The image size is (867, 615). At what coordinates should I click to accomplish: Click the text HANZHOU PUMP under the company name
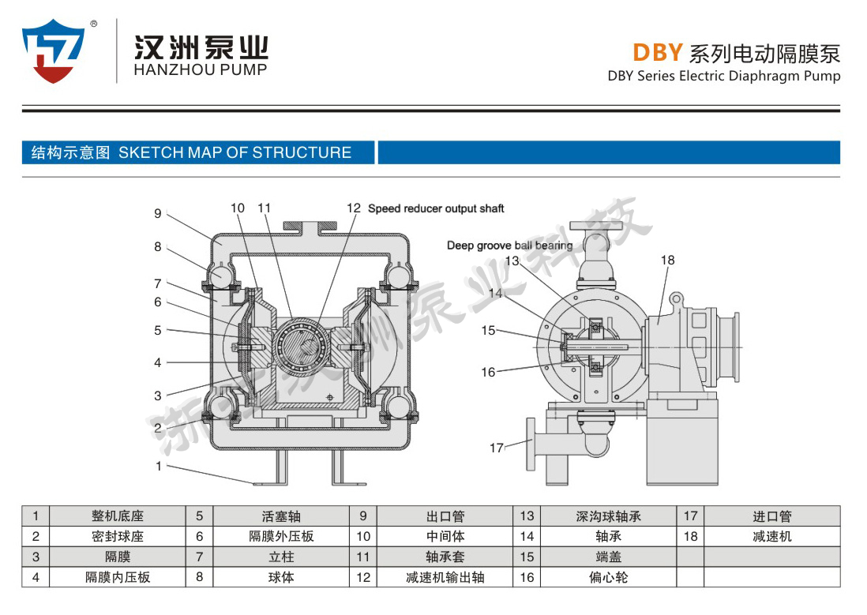(x=201, y=69)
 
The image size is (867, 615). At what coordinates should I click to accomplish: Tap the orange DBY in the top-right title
(x=657, y=53)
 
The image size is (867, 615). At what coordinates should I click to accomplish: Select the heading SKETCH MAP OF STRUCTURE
(x=235, y=152)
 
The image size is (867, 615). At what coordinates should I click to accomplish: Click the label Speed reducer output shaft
(x=436, y=208)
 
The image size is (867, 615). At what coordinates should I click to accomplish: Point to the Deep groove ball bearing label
(x=509, y=246)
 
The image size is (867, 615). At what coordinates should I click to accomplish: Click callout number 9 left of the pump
(x=158, y=213)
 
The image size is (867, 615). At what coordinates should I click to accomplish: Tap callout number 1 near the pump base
(x=159, y=466)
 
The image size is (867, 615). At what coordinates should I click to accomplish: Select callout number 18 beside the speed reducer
(x=668, y=260)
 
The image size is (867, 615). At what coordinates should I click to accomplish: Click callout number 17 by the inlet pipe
(x=496, y=448)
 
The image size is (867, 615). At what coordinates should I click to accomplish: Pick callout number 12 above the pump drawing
(x=354, y=208)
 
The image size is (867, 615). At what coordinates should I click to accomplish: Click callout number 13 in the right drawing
(x=512, y=261)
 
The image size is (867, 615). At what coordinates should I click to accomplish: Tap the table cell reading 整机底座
(x=118, y=516)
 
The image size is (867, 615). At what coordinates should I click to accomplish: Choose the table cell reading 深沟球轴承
(x=608, y=516)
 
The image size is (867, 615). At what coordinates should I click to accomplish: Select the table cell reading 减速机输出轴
(x=445, y=577)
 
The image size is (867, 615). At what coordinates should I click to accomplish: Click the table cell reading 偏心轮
(x=608, y=577)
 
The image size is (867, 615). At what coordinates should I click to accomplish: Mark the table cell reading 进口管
(x=771, y=516)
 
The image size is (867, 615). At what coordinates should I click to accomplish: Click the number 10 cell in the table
(x=363, y=536)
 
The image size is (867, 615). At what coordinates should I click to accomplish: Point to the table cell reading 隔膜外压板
(x=281, y=536)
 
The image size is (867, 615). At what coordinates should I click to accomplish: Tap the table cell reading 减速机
(x=771, y=536)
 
